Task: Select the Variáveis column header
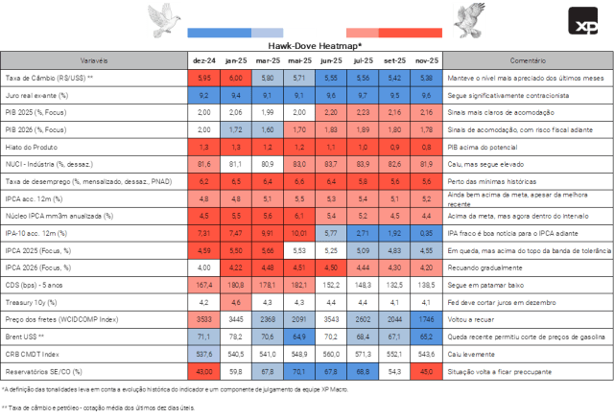(91, 58)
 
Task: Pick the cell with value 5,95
(203, 75)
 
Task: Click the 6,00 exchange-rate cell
(236, 75)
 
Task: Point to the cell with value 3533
(203, 316)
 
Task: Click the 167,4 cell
(203, 285)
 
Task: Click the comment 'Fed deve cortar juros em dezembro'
(505, 301)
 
